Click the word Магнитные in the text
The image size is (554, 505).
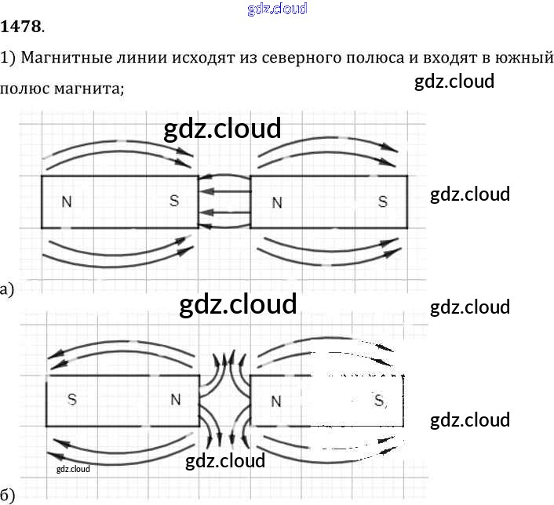click(x=60, y=59)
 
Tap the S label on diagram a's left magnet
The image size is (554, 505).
click(x=174, y=202)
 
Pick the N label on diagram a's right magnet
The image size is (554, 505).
click(x=276, y=203)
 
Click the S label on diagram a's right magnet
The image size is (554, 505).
click(x=382, y=202)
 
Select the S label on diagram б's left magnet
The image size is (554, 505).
click(x=72, y=399)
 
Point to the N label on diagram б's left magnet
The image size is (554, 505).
click(x=176, y=399)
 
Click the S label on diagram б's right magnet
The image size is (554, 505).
click(x=380, y=401)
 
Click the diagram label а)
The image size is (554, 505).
click(x=7, y=290)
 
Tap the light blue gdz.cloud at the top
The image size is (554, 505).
click(x=276, y=9)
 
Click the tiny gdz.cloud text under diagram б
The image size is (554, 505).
click(x=74, y=469)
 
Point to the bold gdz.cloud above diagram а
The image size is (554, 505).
click(x=222, y=129)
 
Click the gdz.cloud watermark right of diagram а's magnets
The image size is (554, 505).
click(x=470, y=194)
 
